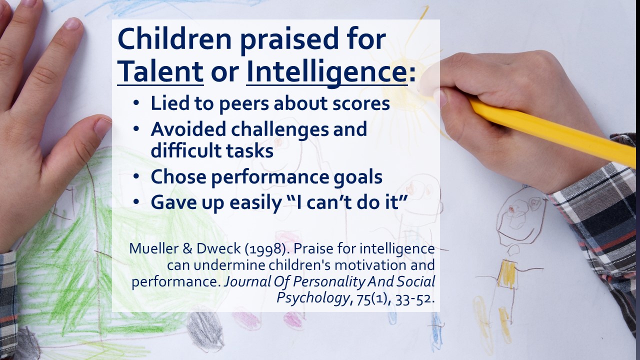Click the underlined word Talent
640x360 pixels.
pyautogui.click(x=160, y=71)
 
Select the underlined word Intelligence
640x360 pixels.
pyautogui.click(x=327, y=72)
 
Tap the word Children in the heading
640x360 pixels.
pyautogui.click(x=174, y=39)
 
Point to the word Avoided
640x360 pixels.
pyautogui.click(x=188, y=129)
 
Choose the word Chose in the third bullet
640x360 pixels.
pyautogui.click(x=178, y=176)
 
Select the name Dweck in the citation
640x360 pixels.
pyautogui.click(x=218, y=248)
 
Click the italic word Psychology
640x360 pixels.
pyautogui.click(x=313, y=298)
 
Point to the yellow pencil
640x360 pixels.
pyautogui.click(x=551, y=132)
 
